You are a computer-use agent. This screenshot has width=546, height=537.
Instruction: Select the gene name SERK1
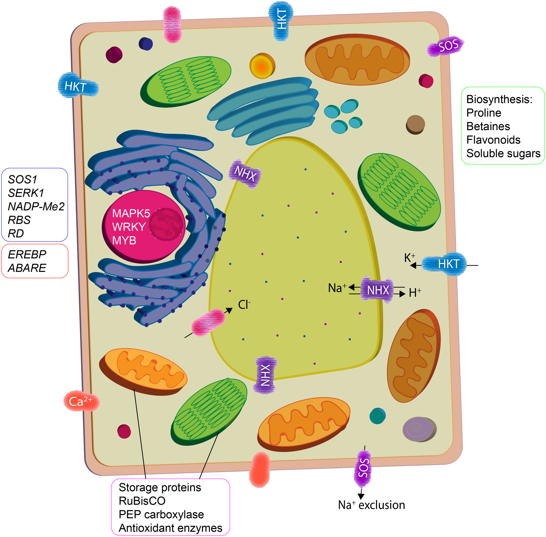pyautogui.click(x=26, y=193)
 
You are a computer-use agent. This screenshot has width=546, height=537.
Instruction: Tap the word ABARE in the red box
pyautogui.click(x=27, y=268)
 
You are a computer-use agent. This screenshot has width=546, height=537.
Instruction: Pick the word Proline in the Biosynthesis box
pyautogui.click(x=484, y=113)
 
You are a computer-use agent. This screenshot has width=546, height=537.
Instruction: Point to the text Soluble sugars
pyautogui.click(x=503, y=153)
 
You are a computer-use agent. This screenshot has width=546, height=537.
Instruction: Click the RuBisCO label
pyautogui.click(x=142, y=501)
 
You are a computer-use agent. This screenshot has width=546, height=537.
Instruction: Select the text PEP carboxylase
pyautogui.click(x=161, y=514)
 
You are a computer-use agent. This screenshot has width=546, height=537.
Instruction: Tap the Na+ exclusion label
pyautogui.click(x=371, y=505)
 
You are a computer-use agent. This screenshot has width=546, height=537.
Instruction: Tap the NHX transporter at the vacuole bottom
pyautogui.click(x=265, y=375)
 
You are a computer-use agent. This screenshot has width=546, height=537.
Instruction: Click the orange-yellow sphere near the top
pyautogui.click(x=262, y=67)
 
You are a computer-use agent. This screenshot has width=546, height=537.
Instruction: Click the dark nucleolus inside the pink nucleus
pyautogui.click(x=167, y=224)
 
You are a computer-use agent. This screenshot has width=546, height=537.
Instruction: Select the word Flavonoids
pyautogui.click(x=493, y=140)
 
